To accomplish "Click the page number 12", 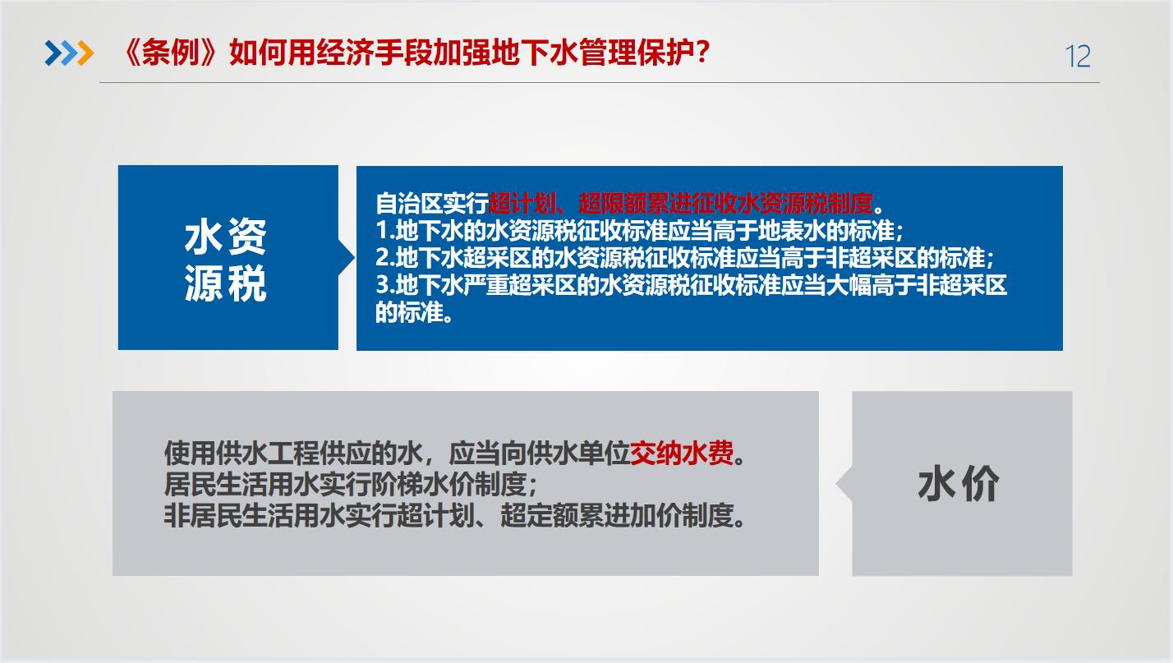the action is pos(1078,57).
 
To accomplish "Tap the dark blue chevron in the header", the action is pos(53,53).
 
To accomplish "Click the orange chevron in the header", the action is pos(85,53).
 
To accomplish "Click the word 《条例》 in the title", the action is pos(171,53).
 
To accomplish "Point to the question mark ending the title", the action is pos(703,52).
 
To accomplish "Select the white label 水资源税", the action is pos(226,260).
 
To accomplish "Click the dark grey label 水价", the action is pos(959,485).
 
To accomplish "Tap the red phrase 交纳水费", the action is pos(681,453).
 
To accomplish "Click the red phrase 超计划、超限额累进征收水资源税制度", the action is pos(681,203).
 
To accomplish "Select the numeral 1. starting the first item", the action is pos(385,230).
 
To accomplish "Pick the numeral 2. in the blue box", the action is pos(385,258).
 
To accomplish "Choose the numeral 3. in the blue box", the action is pos(385,285).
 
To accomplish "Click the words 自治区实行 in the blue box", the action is pos(432,203).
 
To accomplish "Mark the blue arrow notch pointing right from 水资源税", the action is pos(346,257).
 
